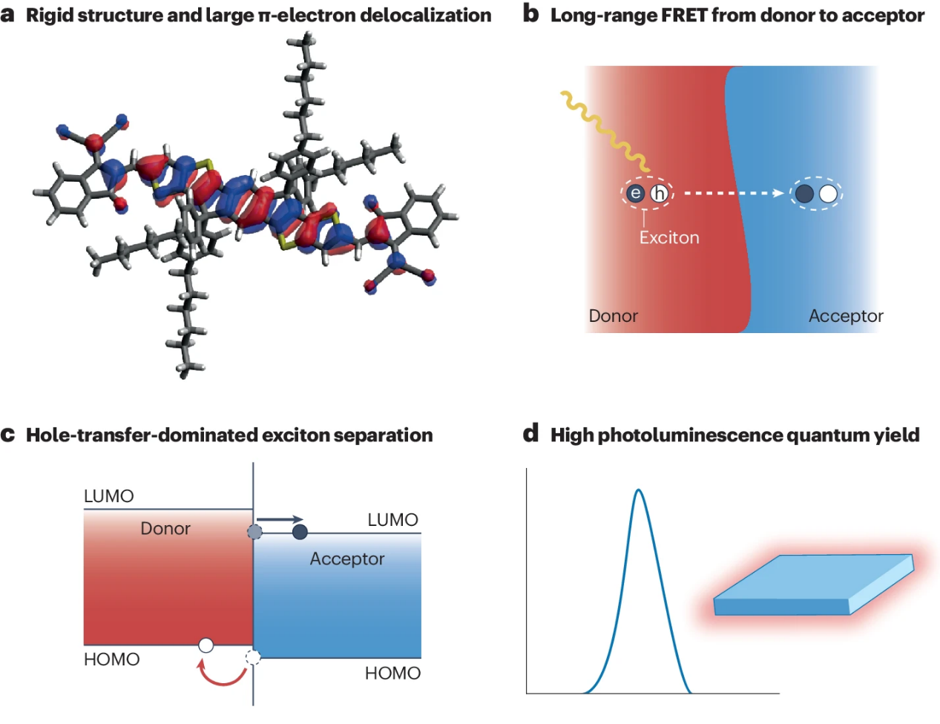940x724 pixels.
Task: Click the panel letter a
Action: coord(8,15)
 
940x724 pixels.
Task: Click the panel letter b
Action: coord(530,14)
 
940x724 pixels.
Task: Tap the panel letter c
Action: coord(8,435)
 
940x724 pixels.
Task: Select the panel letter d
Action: coord(530,434)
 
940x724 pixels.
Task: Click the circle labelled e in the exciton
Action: coord(636,194)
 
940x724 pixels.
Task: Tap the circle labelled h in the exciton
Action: coord(659,194)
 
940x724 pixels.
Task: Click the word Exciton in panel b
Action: coord(669,237)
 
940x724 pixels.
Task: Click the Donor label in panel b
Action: coord(613,316)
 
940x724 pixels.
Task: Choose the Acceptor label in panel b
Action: coord(846,316)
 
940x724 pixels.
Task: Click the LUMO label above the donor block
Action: coord(108,496)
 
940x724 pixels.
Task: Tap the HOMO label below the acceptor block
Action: coord(392,674)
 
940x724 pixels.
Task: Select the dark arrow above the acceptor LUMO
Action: coord(280,519)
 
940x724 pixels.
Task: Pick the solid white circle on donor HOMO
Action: coord(206,645)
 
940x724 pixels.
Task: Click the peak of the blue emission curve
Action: coord(639,491)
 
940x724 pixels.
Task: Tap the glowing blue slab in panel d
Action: coord(812,586)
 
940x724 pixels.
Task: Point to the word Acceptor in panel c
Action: coord(347,559)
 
